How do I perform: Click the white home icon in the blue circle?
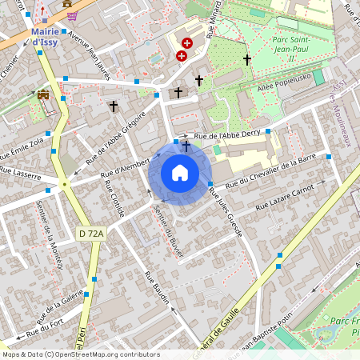pyautogui.click(x=180, y=173)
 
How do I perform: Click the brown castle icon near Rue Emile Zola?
pyautogui.click(x=43, y=94)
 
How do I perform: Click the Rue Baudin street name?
pyautogui.click(x=158, y=288)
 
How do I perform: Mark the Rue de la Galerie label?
pyautogui.click(x=61, y=304)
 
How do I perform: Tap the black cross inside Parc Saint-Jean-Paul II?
pyautogui.click(x=247, y=60)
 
